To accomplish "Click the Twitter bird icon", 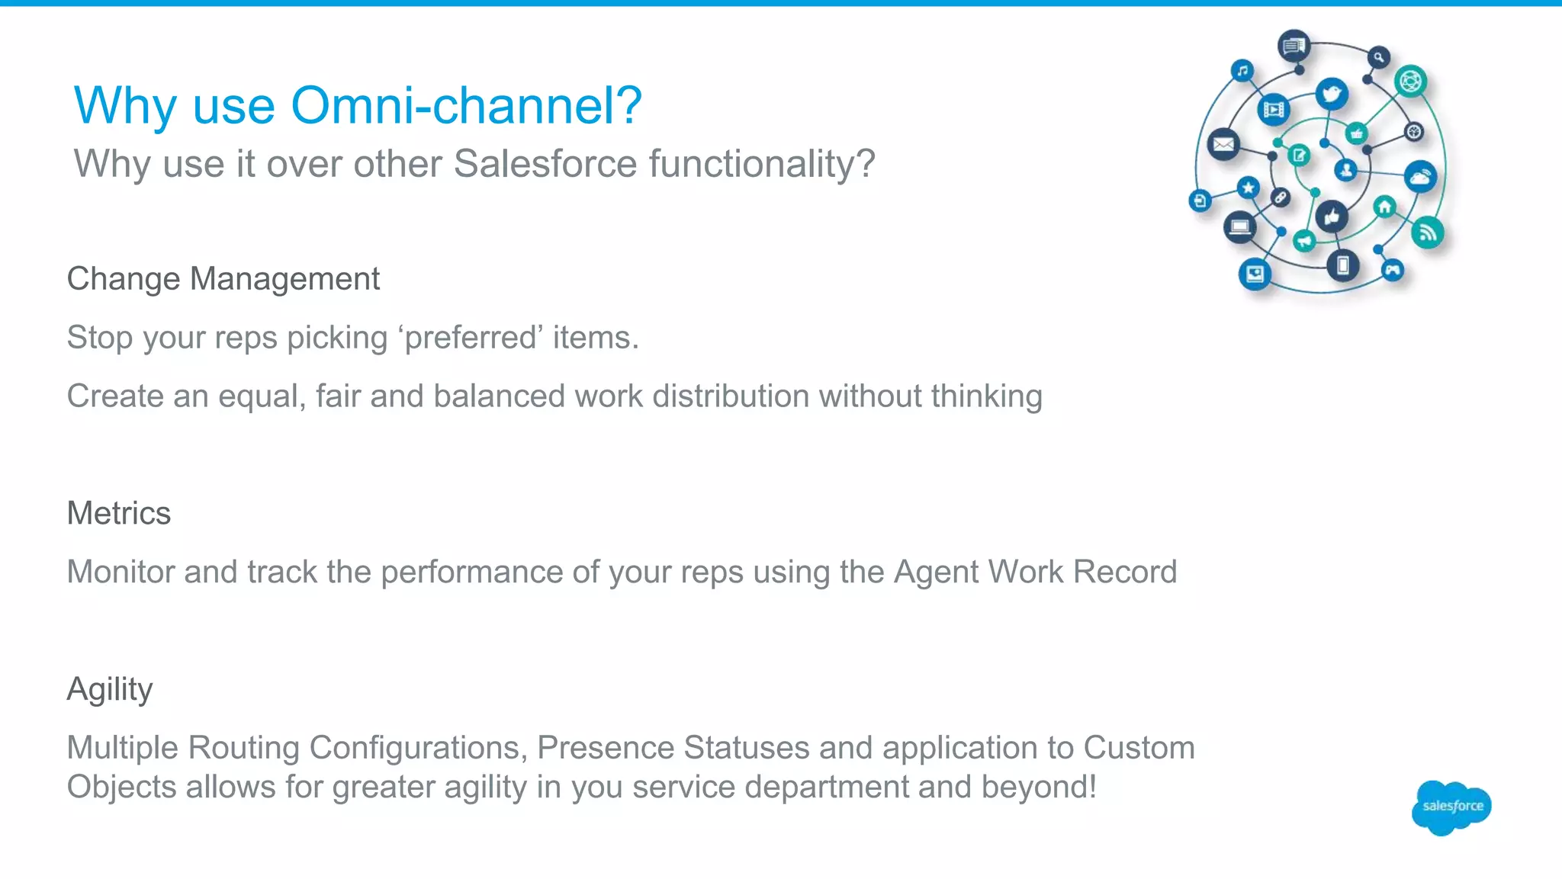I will tap(1332, 95).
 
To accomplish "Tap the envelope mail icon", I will tap(1223, 144).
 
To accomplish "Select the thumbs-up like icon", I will tap(1332, 217).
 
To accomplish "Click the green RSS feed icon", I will tap(1428, 233).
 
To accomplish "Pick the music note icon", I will tap(1243, 71).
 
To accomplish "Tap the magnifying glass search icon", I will tap(1378, 57).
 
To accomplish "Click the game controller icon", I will tap(1393, 270).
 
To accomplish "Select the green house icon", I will tap(1384, 207).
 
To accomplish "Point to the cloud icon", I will tap(1420, 178).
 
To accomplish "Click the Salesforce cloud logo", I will tap(1451, 807).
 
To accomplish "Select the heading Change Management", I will tap(223, 279).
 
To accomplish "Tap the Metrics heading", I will tap(118, 513).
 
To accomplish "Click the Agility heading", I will tap(109, 689).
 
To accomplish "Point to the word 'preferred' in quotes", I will tap(470, 338).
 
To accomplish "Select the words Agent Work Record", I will tap(1035, 572).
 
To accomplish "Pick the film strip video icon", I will tap(1273, 110).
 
